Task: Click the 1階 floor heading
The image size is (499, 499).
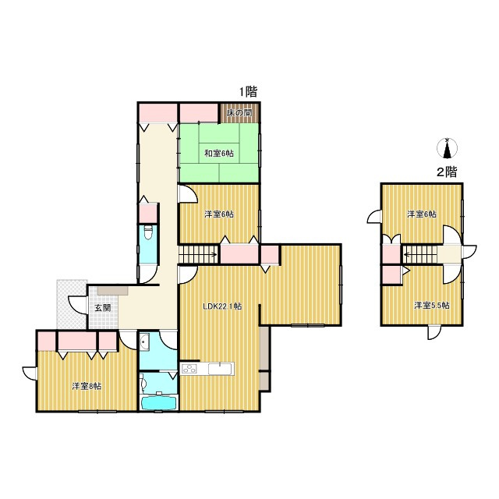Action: coord(248,92)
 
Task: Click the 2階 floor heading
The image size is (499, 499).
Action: coord(447,172)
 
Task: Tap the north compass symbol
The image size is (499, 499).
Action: coord(448,148)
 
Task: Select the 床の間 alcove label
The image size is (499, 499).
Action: coord(239,112)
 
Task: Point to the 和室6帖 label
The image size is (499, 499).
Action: coord(219,154)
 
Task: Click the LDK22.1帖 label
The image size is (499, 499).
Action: coord(222,306)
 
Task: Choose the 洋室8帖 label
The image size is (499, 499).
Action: coord(87,387)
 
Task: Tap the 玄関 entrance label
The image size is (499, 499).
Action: coord(103,308)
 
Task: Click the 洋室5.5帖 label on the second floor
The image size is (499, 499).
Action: coord(432,306)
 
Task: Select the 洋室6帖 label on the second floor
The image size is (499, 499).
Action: coord(422,214)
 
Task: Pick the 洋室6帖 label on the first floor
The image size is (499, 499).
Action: coord(219,214)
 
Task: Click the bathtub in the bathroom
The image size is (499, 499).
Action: coord(158,402)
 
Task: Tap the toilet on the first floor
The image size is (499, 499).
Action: coord(147,232)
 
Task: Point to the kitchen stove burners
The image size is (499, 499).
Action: coord(189,369)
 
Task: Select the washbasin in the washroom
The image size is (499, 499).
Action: coord(144,343)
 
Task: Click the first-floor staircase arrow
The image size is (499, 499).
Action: coord(198,254)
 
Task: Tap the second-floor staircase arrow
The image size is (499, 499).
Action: coord(419,254)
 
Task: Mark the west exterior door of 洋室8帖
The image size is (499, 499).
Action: coord(30,373)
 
